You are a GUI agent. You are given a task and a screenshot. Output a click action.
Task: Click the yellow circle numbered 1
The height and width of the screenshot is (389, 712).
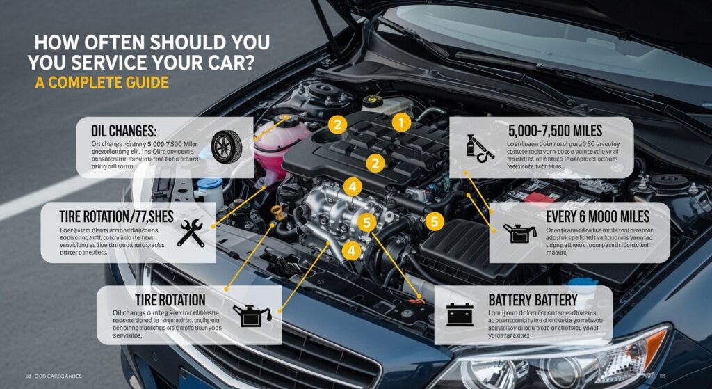coord(400,123)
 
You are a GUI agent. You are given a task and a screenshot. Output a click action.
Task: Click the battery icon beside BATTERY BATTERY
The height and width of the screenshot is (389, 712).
coord(460,314)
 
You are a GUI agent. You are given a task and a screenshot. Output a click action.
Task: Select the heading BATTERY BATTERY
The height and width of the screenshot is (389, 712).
coord(533,300)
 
